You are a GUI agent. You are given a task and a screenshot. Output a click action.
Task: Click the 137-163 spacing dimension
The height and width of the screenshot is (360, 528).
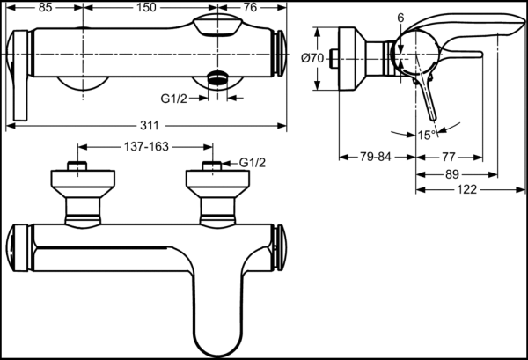pyautogui.click(x=146, y=146)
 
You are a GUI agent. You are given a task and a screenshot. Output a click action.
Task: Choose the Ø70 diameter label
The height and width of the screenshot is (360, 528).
pyautogui.click(x=312, y=58)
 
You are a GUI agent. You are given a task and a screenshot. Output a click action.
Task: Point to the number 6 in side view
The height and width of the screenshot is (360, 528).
pyautogui.click(x=400, y=18)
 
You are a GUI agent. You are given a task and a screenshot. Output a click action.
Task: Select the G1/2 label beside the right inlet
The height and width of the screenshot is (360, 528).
pyautogui.click(x=253, y=162)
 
